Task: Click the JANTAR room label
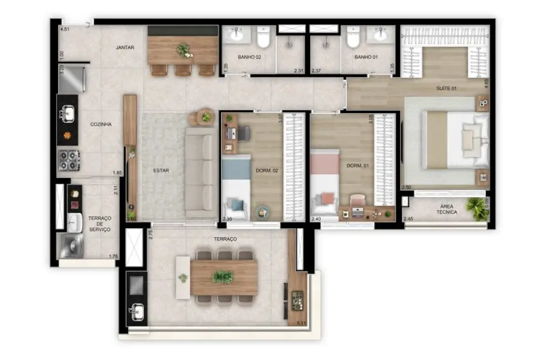click(x=125, y=48)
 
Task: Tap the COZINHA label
click(x=101, y=124)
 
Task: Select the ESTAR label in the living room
click(x=161, y=171)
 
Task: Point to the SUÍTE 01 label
click(x=445, y=88)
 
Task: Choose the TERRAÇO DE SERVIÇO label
click(x=99, y=224)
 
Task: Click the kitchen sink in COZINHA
click(x=68, y=114)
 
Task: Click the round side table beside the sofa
click(x=206, y=117)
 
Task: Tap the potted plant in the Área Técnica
click(x=477, y=208)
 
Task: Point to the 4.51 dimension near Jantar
click(x=65, y=29)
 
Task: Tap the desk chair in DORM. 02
click(x=244, y=133)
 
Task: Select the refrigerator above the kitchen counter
click(x=73, y=79)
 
